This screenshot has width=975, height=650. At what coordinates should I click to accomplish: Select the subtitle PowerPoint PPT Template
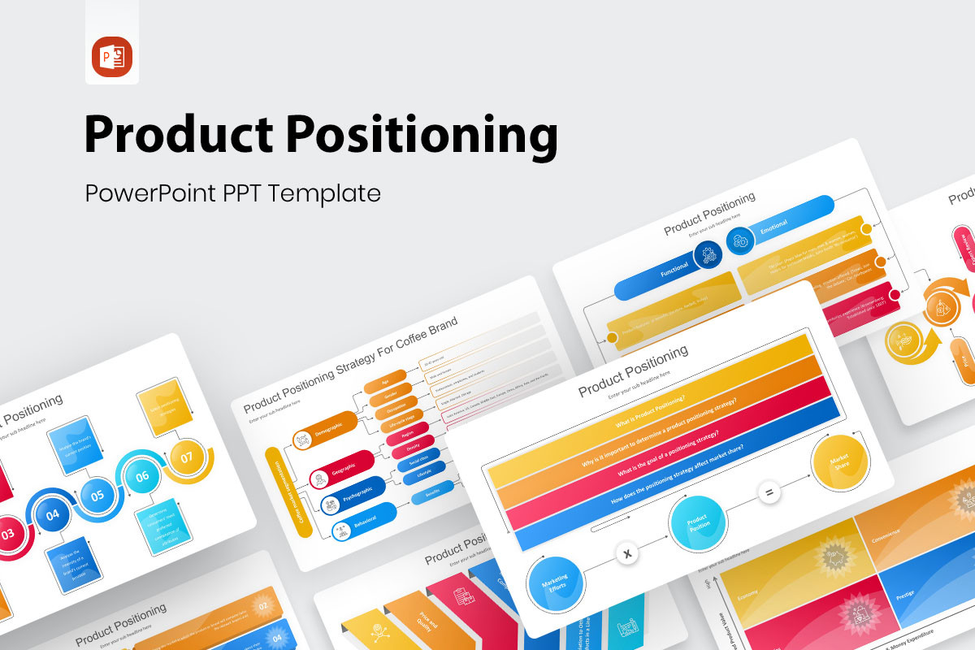232,193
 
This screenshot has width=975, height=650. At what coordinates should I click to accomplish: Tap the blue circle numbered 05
97,495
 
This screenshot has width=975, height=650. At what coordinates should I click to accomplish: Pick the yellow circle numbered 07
187,457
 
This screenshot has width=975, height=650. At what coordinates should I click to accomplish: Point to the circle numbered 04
52,514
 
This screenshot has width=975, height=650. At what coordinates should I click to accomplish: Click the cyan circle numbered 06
142,476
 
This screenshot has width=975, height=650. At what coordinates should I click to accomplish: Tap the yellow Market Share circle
840,462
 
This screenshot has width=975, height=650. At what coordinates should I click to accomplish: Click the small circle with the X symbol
626,554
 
